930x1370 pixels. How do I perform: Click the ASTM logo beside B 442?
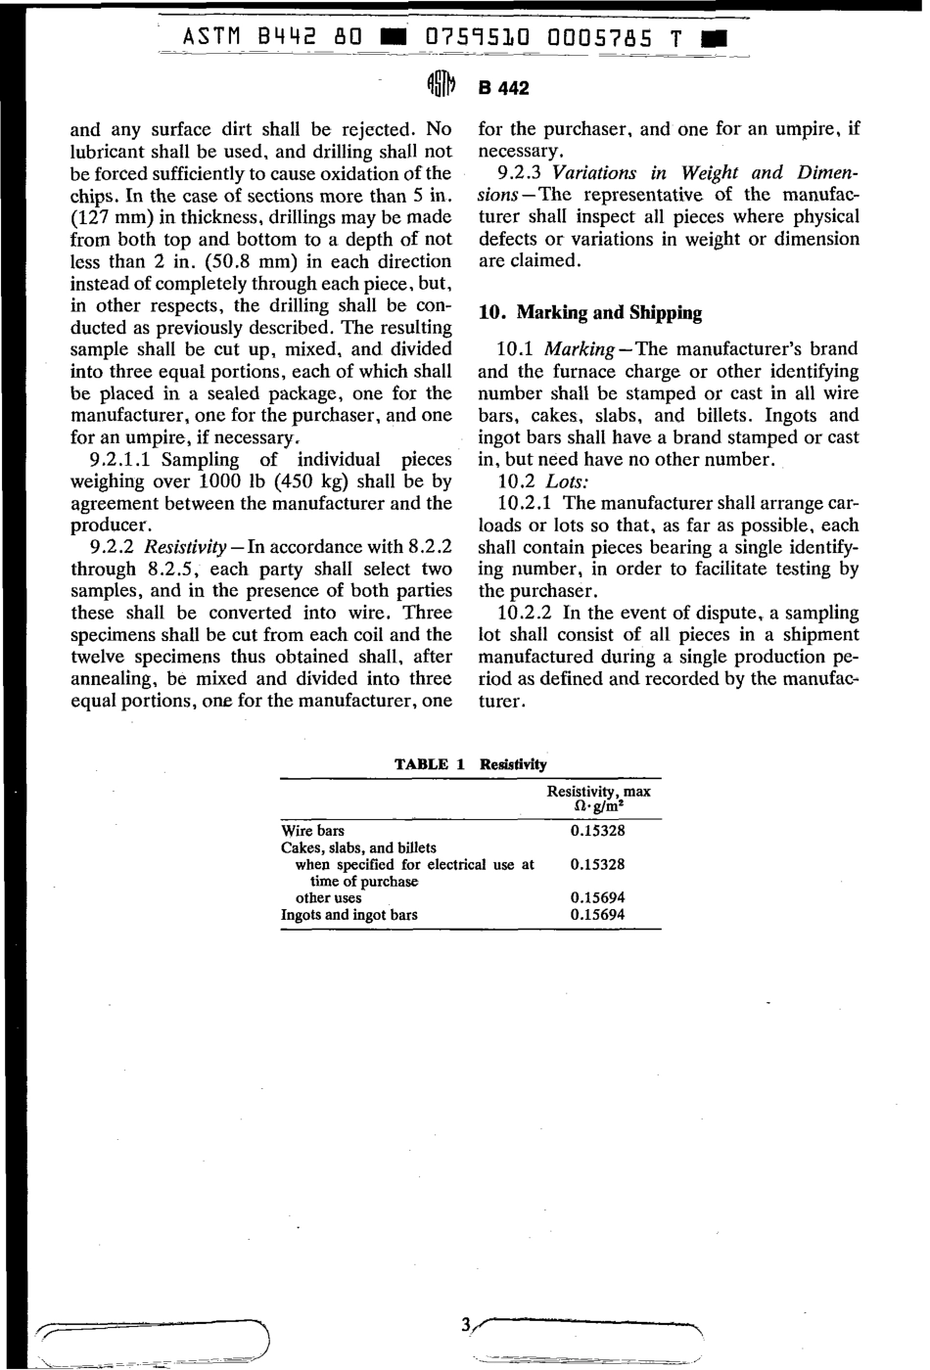442,87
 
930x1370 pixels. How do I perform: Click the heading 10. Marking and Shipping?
590,313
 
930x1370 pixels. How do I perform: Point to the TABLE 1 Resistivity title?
471,764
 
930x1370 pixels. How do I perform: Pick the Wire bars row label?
312,831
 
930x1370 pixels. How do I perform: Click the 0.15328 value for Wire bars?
597,831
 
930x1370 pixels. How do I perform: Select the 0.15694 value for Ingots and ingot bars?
597,915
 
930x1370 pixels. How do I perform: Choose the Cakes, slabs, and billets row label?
358,847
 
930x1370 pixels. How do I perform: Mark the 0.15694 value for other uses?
597,897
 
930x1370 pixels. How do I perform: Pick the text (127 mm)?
114,217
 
